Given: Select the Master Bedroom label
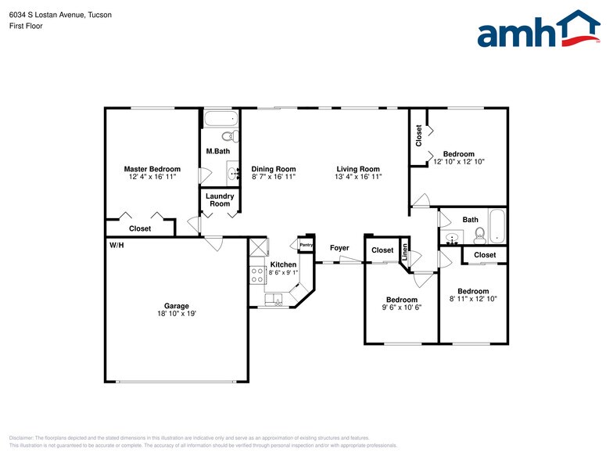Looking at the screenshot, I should pos(152,169).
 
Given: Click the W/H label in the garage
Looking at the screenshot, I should pos(117,246).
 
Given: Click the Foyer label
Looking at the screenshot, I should pos(339,248).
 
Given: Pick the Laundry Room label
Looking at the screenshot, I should pos(220,200).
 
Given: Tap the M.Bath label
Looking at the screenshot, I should pos(217,151).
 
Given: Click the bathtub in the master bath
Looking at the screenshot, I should pos(221,120).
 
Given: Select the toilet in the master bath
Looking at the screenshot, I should pos(228,136).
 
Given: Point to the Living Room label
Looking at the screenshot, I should pos(358,169).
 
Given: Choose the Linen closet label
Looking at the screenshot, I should pos(405,252).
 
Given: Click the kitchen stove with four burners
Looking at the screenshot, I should pos(257,275).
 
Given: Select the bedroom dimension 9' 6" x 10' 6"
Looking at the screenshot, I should pos(402,307).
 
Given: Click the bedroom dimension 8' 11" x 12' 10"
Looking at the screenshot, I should pos(473,299).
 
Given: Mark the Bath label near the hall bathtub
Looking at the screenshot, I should pos(470,220).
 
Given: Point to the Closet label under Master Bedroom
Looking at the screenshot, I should pos(140,229).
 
